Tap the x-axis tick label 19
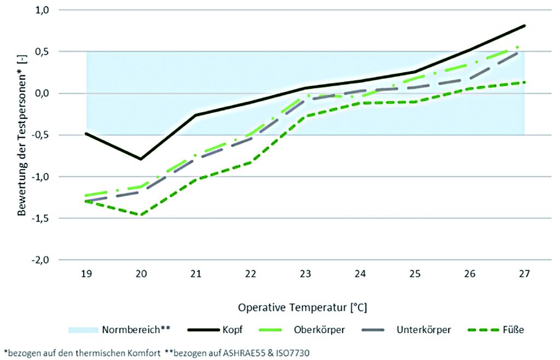pos(86,273)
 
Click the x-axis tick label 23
pos(305,273)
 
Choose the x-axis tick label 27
pos(524,273)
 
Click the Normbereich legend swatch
pos(82,330)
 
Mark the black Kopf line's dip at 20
pos(141,159)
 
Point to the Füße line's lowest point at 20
pos(141,215)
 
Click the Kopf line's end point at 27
pos(524,26)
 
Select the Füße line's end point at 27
pos(524,83)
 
